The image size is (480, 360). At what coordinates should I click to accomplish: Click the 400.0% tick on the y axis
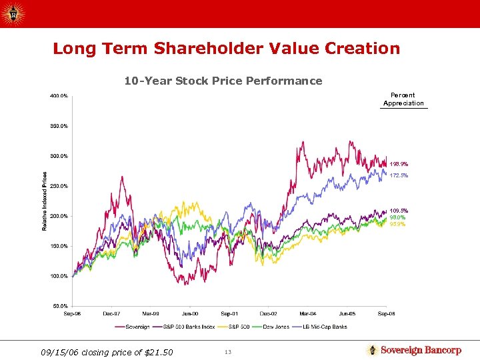pyautogui.click(x=59, y=96)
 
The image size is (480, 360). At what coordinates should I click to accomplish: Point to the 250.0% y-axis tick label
pyautogui.click(x=59, y=186)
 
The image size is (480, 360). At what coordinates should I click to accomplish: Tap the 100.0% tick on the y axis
pyautogui.click(x=59, y=276)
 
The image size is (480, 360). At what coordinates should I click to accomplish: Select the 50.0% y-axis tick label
pyautogui.click(x=60, y=306)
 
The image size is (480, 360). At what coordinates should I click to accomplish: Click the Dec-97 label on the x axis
pyautogui.click(x=111, y=313)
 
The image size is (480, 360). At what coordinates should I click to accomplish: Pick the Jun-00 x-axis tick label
pyautogui.click(x=190, y=313)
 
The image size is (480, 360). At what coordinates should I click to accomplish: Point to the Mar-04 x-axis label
pyautogui.click(x=307, y=313)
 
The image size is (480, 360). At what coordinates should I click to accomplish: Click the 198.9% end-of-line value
pyautogui.click(x=399, y=164)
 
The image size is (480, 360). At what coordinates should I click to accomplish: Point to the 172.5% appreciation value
pyautogui.click(x=399, y=175)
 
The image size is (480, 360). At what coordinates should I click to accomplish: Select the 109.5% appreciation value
pyautogui.click(x=399, y=211)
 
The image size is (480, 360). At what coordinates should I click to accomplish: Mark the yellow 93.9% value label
pyautogui.click(x=398, y=224)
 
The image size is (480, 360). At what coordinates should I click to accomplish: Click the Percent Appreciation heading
pyautogui.click(x=403, y=99)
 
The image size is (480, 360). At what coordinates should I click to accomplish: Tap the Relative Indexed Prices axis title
pyautogui.click(x=45, y=201)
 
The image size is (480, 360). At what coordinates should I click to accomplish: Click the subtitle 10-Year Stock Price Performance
pyautogui.click(x=223, y=81)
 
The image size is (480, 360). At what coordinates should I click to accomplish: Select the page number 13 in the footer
pyautogui.click(x=227, y=352)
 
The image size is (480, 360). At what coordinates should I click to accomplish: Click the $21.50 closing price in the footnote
pyautogui.click(x=159, y=352)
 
